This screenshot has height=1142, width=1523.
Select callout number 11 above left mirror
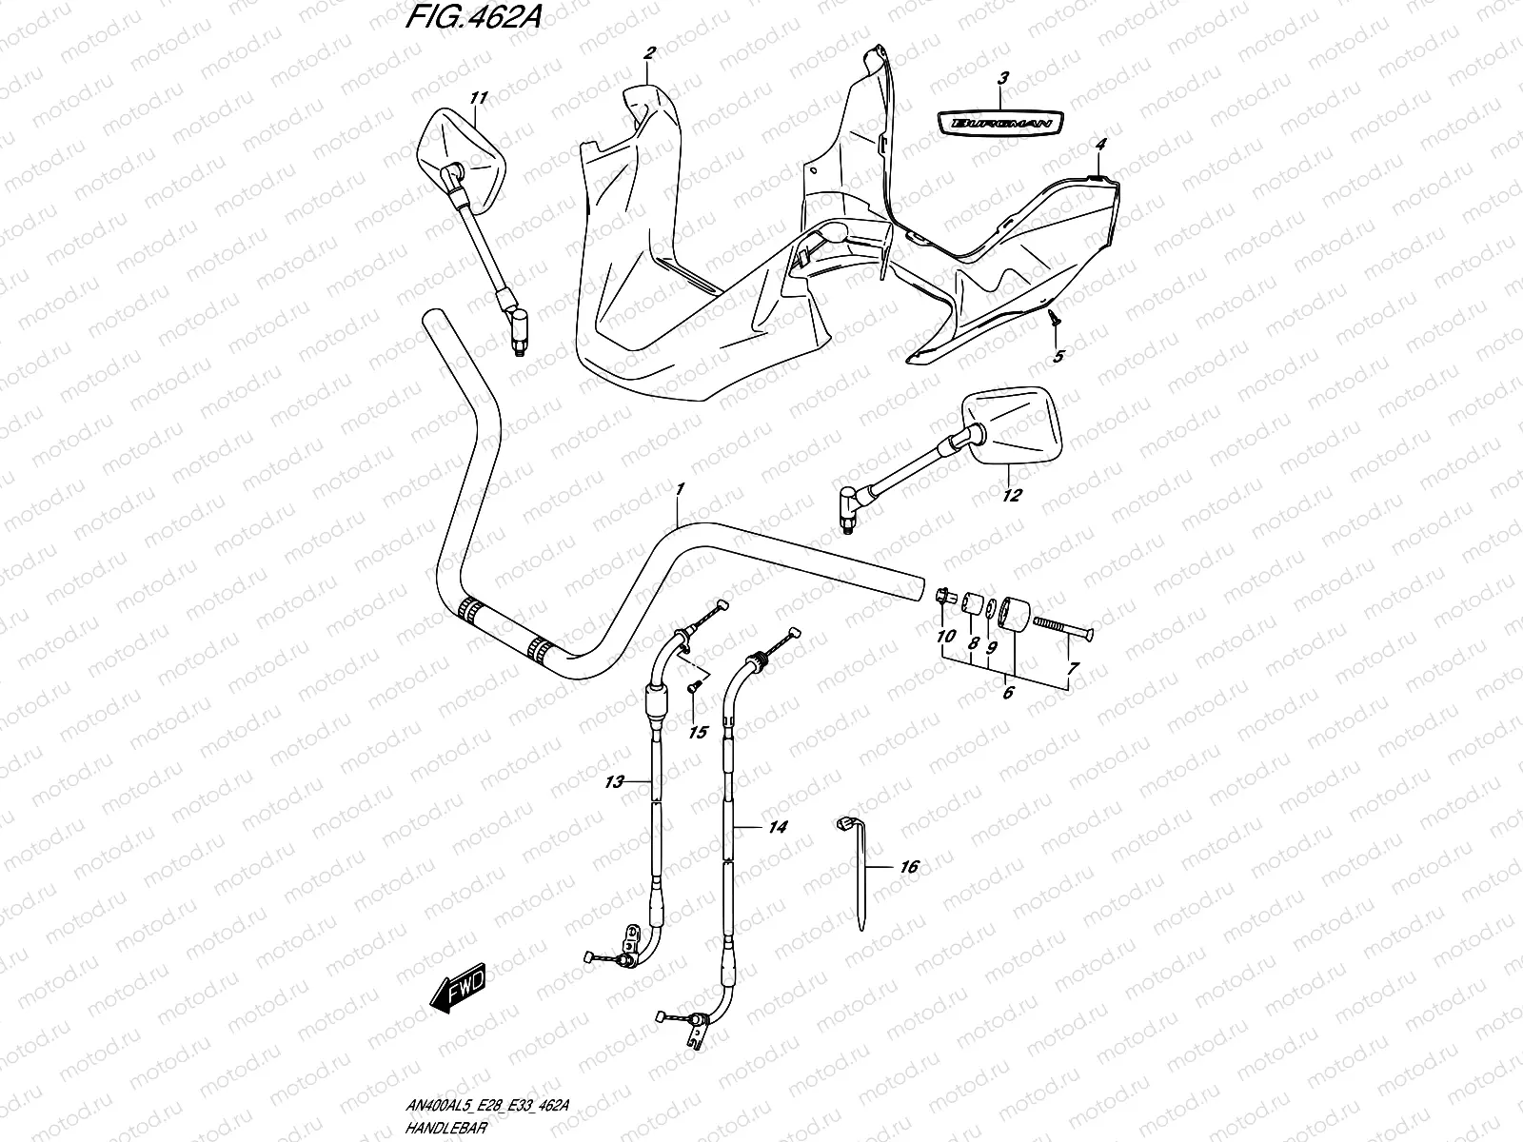pyautogui.click(x=478, y=97)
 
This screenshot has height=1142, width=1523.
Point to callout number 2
pyautogui.click(x=648, y=53)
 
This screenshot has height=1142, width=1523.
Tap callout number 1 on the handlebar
pyautogui.click(x=680, y=489)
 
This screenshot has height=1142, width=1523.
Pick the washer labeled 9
pyautogui.click(x=992, y=609)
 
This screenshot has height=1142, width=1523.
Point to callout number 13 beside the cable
pyautogui.click(x=614, y=782)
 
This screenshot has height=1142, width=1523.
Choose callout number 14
pyautogui.click(x=778, y=828)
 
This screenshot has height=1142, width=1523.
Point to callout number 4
pyautogui.click(x=1100, y=145)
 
